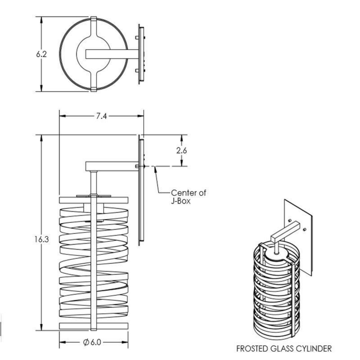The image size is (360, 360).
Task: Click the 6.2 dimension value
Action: coord(41,54)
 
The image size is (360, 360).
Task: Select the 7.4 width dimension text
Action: coord(101,116)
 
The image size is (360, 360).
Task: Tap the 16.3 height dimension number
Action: coord(42,239)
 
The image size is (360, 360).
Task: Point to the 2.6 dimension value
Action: coord(181,151)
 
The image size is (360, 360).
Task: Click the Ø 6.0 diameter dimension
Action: coord(92,342)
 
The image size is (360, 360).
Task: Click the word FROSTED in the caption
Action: coord(251,349)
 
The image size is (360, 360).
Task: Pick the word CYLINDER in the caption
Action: coord(314,349)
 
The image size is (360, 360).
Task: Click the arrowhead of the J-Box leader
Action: coord(155,169)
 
